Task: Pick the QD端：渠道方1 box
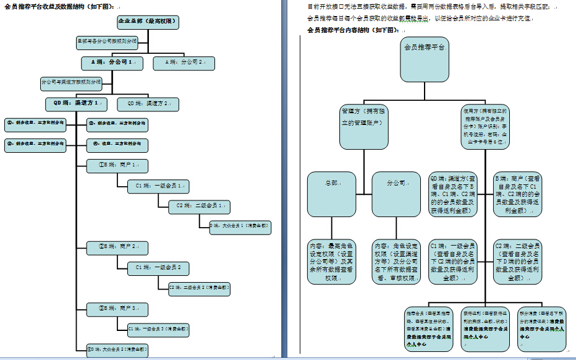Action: pyautogui.click(x=75, y=103)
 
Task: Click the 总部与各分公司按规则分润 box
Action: pyautogui.click(x=106, y=43)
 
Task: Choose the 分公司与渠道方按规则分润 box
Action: pyautogui.click(x=70, y=82)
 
